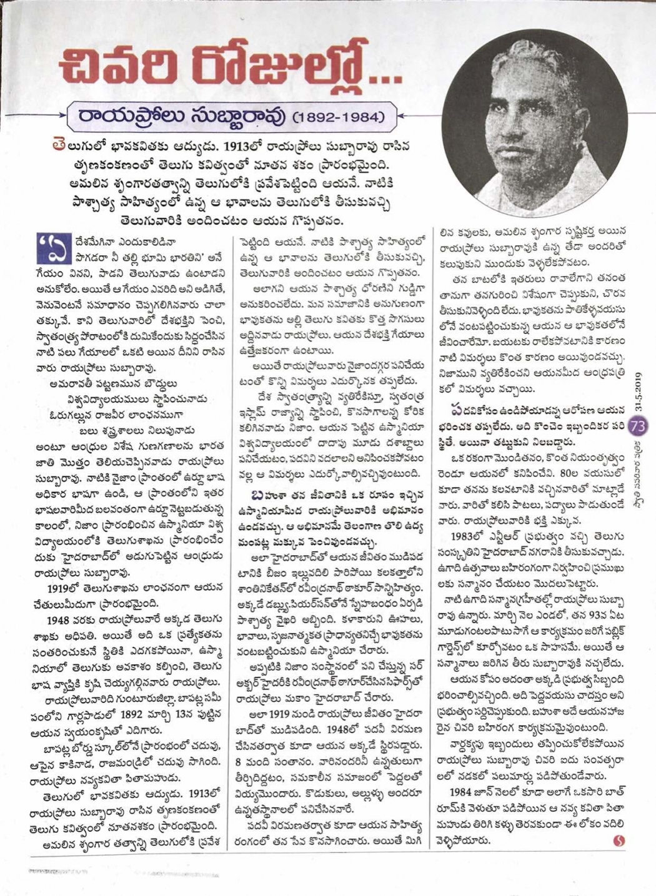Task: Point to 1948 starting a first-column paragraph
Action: (61, 619)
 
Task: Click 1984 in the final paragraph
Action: (465, 792)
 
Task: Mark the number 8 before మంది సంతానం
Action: (246, 761)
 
